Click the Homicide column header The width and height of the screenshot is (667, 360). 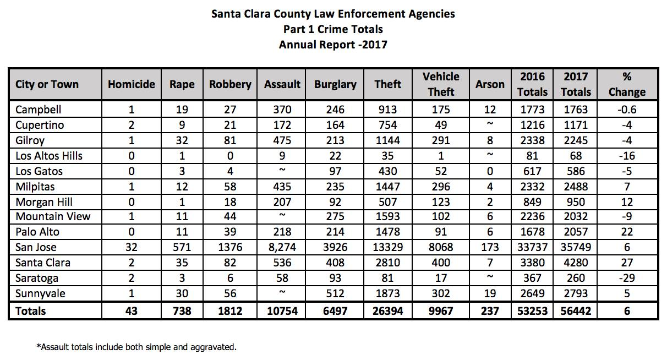point(131,84)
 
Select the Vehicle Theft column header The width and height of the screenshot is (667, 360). point(441,84)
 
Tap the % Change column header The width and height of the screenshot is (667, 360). point(627,84)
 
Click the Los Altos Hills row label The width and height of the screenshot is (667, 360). point(49,156)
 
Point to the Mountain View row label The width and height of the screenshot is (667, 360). point(53,216)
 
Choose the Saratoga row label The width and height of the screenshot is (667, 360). point(37,278)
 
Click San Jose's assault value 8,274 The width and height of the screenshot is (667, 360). point(282,247)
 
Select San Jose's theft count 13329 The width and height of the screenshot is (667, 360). point(387,247)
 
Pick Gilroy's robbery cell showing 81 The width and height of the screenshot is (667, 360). point(230,140)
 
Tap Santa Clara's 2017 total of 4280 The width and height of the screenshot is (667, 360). point(576,263)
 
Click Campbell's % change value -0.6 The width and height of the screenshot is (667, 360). point(627,110)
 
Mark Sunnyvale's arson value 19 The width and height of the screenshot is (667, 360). point(490,293)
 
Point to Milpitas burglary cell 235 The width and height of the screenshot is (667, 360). point(335,187)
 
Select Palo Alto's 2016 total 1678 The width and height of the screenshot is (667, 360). point(532,232)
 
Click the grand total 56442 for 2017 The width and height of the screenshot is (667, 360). point(576,311)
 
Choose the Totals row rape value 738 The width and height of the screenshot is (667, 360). point(182,311)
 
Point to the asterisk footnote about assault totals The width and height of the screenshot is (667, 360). point(136,347)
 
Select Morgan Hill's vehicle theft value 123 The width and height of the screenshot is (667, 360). point(441,202)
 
